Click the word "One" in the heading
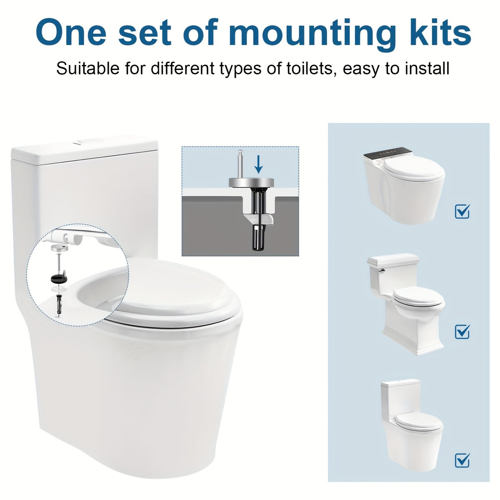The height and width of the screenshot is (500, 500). click(71, 32)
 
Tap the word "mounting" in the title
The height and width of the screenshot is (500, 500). click(312, 35)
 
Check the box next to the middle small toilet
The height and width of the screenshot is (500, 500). click(462, 331)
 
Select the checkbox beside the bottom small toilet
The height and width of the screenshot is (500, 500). click(462, 452)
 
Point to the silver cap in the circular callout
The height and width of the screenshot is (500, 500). click(59, 247)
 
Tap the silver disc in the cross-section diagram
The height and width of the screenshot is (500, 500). click(251, 182)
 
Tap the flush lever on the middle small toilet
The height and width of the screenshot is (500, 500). click(381, 271)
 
